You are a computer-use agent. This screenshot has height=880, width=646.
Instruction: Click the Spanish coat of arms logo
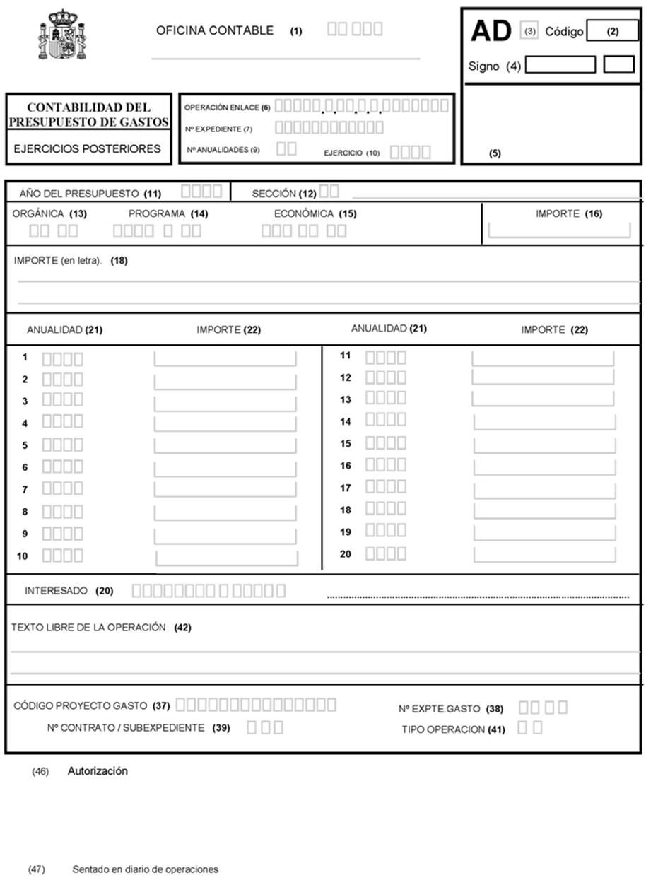tap(61, 35)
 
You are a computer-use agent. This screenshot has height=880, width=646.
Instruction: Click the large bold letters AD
tap(491, 32)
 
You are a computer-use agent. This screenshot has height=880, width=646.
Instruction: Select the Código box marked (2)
tap(612, 31)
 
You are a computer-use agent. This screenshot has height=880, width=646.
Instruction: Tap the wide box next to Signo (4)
tap(560, 65)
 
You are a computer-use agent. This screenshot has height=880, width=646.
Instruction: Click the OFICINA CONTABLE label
tap(215, 30)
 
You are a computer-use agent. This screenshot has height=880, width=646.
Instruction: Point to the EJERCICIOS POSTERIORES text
tap(88, 149)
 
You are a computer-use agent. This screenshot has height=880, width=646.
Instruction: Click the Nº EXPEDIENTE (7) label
tap(218, 129)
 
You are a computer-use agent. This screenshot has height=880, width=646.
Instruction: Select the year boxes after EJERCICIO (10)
tap(410, 151)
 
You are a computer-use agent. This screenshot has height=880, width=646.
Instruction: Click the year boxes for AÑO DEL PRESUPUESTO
tap(201, 192)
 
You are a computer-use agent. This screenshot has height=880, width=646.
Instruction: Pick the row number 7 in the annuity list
tap(24, 489)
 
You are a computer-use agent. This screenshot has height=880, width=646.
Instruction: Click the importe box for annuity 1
tap(225, 358)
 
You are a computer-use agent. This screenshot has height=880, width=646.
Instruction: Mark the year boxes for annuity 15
tap(385, 443)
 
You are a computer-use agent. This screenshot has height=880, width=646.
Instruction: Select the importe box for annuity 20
tap(544, 554)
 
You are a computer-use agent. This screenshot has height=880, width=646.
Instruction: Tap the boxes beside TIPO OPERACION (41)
tap(530, 728)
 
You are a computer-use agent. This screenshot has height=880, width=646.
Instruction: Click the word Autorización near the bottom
tap(98, 771)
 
